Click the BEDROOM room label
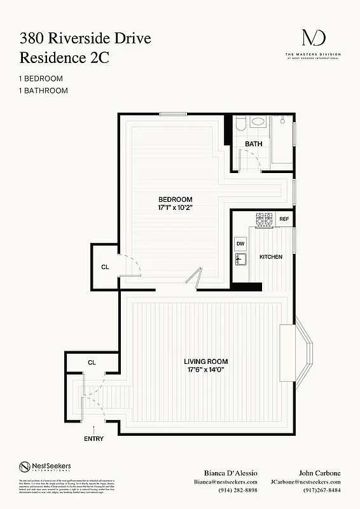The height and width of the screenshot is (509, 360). [175, 199]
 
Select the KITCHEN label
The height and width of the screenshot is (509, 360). [270, 256]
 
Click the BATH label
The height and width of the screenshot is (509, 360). [254, 144]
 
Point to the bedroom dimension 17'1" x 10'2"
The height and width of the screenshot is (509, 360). [175, 208]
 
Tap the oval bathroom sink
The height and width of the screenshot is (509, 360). [259, 122]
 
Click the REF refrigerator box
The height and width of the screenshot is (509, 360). [284, 220]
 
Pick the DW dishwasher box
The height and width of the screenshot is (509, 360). [240, 243]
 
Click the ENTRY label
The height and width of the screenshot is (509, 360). [93, 439]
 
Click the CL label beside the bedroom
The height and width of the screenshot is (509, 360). [105, 267]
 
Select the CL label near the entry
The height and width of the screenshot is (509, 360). [92, 362]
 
